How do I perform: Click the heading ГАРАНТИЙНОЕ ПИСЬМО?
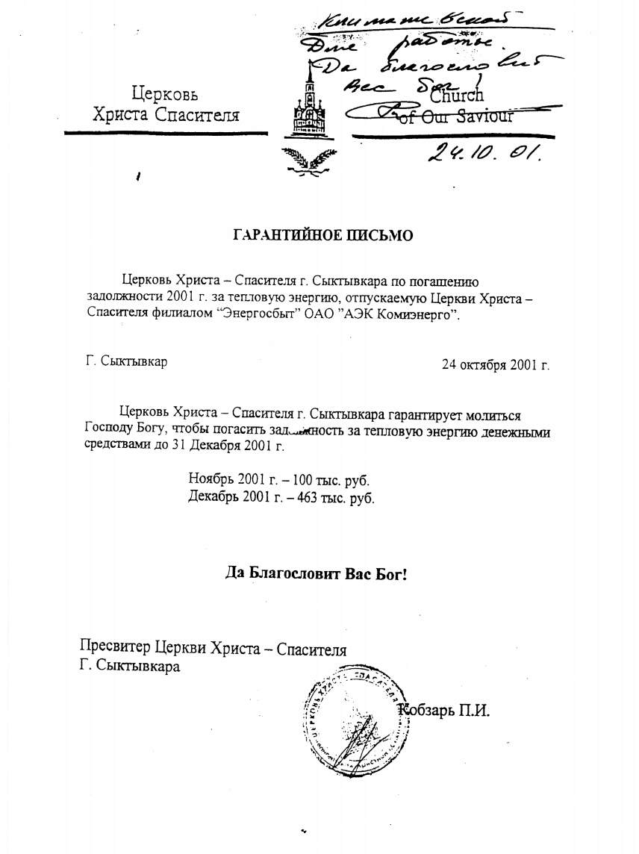323,235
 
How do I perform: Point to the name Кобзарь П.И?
444,710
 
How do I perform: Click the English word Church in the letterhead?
456,96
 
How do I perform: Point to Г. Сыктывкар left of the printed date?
126,362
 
